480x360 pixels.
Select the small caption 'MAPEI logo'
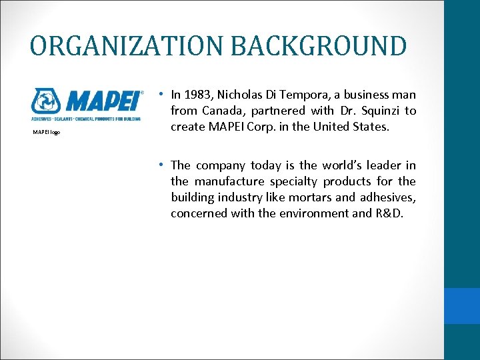pyautogui.click(x=47, y=132)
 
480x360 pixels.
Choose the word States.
pyautogui.click(x=388, y=127)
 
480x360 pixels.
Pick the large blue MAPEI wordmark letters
pyautogui.click(x=101, y=102)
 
